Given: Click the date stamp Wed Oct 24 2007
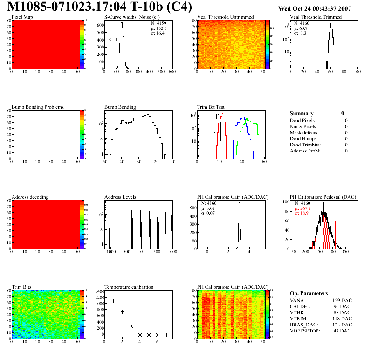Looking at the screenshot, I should (314, 8).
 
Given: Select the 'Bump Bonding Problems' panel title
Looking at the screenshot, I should (38, 107).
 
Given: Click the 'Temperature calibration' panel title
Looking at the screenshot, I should (129, 287).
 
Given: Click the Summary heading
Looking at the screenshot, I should (302, 113).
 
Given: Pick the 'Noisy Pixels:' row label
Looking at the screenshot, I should (303, 126).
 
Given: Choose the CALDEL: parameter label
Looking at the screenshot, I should (301, 307).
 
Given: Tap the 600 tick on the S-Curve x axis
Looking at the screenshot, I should (172, 72).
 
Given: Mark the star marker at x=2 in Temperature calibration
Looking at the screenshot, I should (122, 312).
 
